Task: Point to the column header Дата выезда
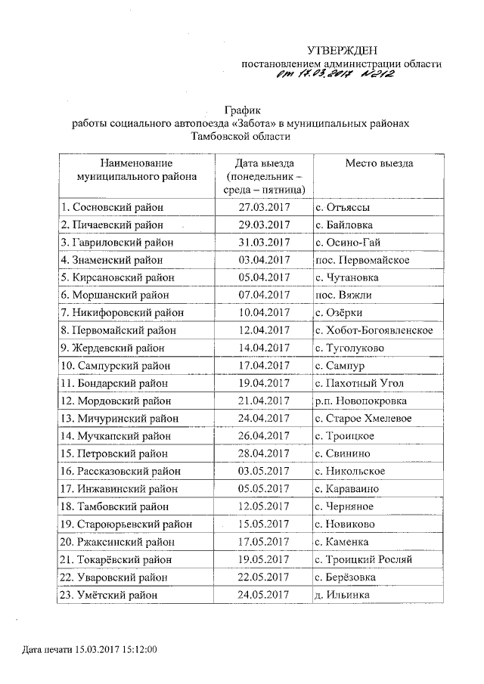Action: (264, 163)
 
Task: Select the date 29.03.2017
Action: (264, 225)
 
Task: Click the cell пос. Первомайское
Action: (363, 260)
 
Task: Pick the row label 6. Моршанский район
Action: (115, 295)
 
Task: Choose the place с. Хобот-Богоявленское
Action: (374, 330)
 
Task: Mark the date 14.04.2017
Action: (264, 348)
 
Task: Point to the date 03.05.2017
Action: (264, 471)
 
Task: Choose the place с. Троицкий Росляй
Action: (364, 559)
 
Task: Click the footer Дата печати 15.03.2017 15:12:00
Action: (89, 650)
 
